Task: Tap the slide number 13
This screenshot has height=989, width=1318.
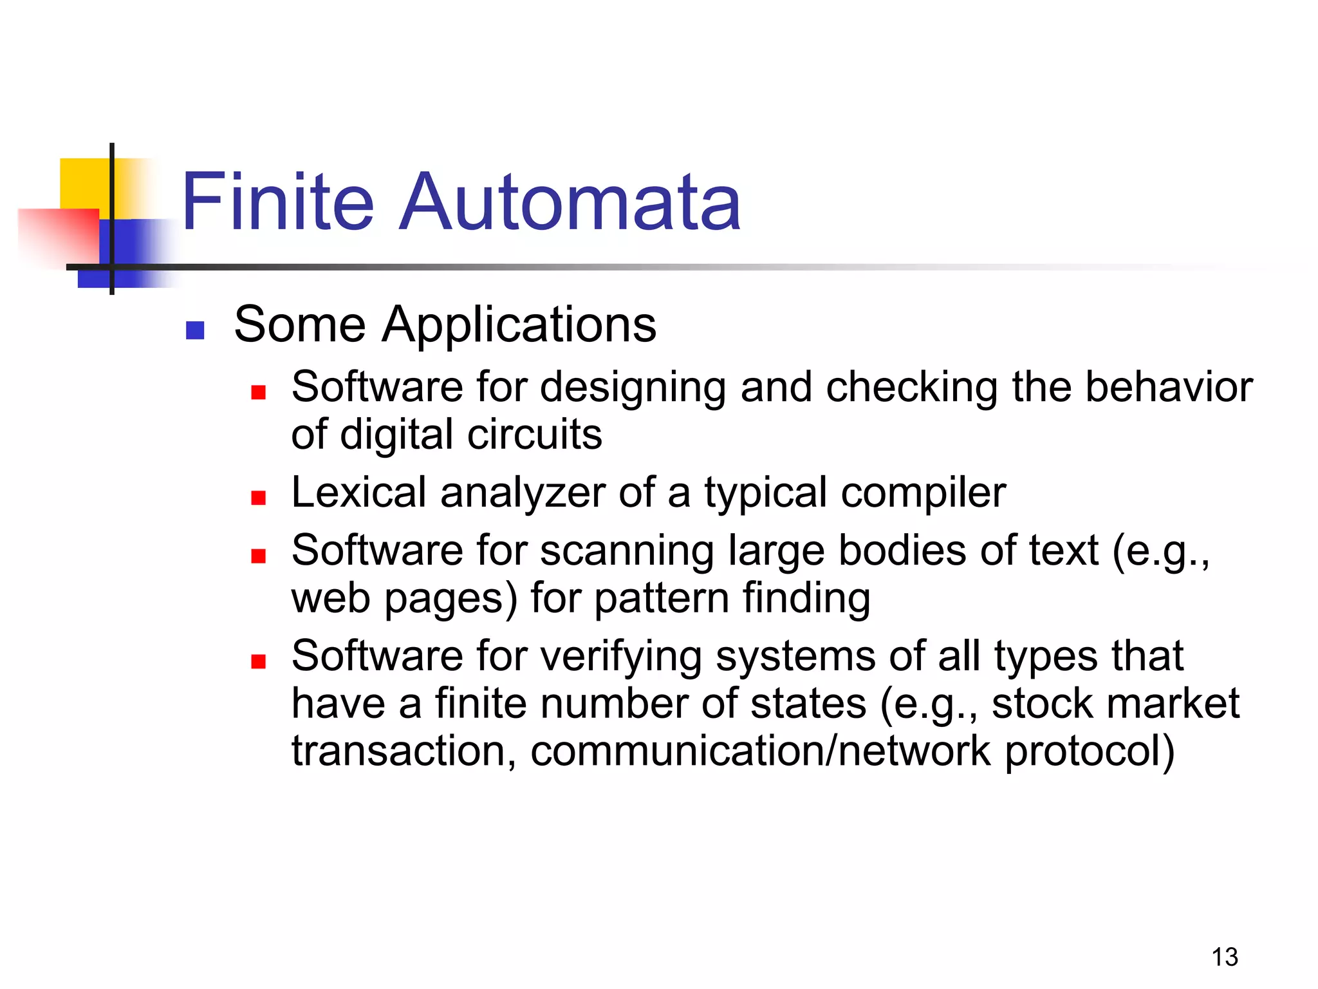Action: [x=1224, y=957]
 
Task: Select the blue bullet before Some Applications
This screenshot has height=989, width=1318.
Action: [x=195, y=330]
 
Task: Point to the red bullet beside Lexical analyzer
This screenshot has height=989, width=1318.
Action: [x=259, y=497]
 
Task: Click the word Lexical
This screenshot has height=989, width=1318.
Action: [x=358, y=493]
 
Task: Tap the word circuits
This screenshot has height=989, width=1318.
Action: [x=535, y=435]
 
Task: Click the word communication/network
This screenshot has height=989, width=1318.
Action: [x=760, y=751]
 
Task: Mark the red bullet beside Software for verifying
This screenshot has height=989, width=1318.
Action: [x=259, y=661]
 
